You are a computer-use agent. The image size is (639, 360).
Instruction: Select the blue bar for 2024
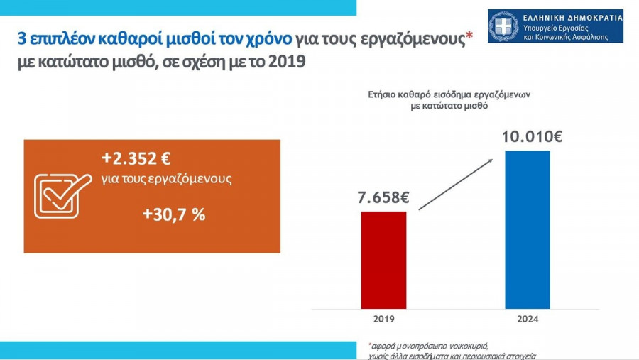pos(527,229)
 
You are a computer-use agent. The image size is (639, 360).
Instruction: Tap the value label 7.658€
pos(383,197)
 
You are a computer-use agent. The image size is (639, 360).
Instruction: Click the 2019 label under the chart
pos(383,320)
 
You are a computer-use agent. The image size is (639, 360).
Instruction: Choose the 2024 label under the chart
pos(527,320)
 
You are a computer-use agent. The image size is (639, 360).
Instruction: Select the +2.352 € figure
pos(136,158)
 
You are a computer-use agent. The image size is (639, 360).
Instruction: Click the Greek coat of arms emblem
pos(504,26)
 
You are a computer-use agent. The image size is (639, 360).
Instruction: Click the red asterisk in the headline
pos(468,37)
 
